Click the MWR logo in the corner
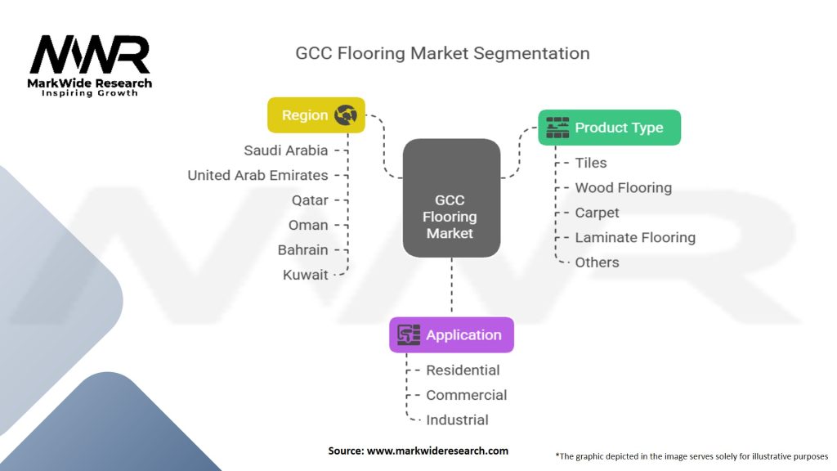[x=90, y=65]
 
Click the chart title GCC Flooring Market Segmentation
[x=442, y=53]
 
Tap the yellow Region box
[x=316, y=114]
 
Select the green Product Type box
[x=609, y=128]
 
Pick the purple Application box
[x=451, y=334]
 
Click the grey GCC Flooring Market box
[x=451, y=198]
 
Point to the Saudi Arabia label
[x=286, y=150]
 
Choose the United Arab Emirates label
[x=257, y=175]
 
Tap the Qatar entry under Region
[x=310, y=200]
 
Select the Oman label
[x=308, y=225]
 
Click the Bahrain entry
[x=302, y=250]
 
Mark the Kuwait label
[x=306, y=275]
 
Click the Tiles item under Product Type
[x=591, y=163]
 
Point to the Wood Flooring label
[x=624, y=188]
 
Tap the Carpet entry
[x=597, y=213]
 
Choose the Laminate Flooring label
[x=635, y=238]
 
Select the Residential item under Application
[x=463, y=370]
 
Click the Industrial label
[x=457, y=419]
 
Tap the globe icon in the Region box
[x=346, y=114]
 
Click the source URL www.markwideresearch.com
[x=438, y=451]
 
